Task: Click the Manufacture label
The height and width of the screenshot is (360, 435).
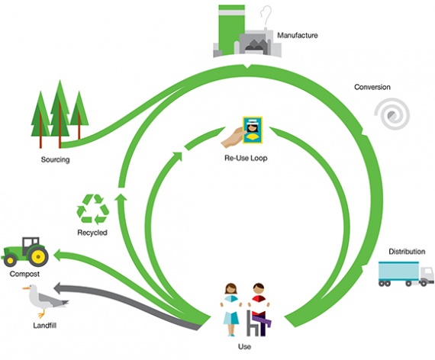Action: pyautogui.click(x=298, y=35)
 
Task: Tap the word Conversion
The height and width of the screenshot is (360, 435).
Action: pyautogui.click(x=372, y=87)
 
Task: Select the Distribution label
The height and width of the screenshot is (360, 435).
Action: pyautogui.click(x=407, y=252)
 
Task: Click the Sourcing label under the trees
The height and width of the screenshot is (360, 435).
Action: pyautogui.click(x=55, y=159)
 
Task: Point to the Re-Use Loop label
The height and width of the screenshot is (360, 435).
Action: pyautogui.click(x=246, y=158)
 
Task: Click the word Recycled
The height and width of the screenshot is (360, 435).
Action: pyautogui.click(x=92, y=233)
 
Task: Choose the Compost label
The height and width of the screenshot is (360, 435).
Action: pyautogui.click(x=24, y=274)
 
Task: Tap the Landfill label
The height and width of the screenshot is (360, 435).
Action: pyautogui.click(x=45, y=326)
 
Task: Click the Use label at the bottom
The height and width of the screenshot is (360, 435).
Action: pyautogui.click(x=244, y=347)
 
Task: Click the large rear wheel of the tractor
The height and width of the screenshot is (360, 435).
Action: pyautogui.click(x=38, y=256)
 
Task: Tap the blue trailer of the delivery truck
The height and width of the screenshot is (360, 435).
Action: pyautogui.click(x=398, y=271)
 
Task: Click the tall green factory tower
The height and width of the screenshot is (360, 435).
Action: pyautogui.click(x=232, y=29)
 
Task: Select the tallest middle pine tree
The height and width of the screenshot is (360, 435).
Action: pyautogui.click(x=60, y=114)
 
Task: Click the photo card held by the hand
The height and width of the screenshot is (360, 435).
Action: pyautogui.click(x=253, y=130)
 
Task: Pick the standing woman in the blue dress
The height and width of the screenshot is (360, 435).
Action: pyautogui.click(x=231, y=309)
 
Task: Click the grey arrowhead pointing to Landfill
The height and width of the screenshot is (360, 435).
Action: pyautogui.click(x=60, y=288)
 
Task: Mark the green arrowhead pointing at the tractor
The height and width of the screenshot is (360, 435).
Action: pyautogui.click(x=60, y=256)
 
